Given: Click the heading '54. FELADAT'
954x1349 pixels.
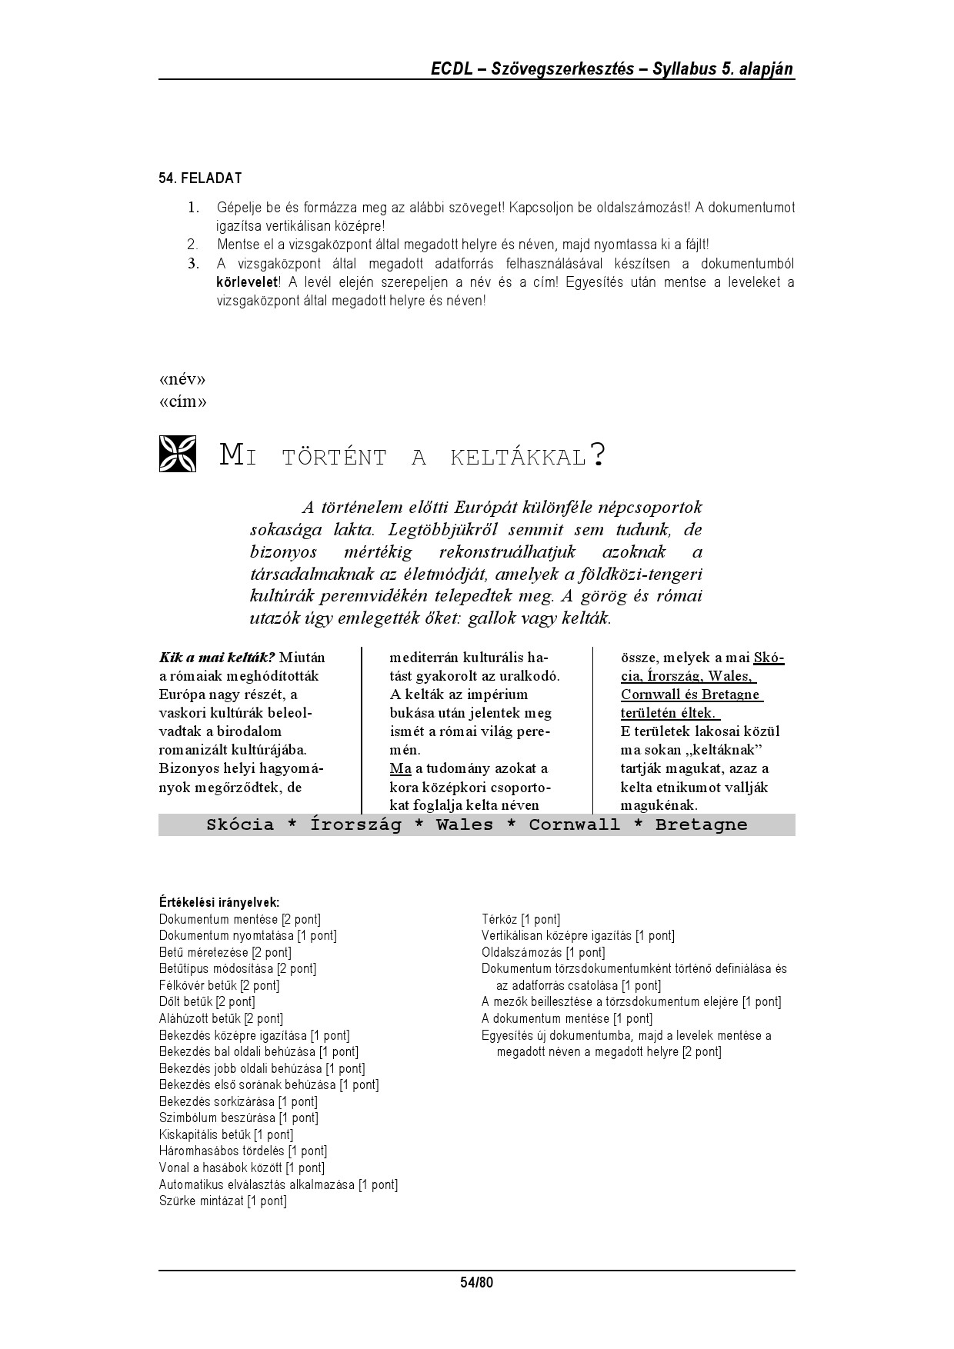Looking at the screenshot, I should click(200, 178).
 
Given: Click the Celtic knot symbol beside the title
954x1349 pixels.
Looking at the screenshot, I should click(178, 454).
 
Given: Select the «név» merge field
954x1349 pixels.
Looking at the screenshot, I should click(182, 380).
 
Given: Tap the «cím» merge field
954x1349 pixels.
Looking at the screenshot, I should click(182, 401).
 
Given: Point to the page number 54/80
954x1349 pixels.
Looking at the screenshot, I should click(476, 1282).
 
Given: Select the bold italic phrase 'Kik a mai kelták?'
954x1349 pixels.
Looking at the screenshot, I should click(217, 658).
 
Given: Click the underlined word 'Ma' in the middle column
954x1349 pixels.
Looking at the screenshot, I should click(401, 768).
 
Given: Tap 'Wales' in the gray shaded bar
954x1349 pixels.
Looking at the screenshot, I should click(465, 824).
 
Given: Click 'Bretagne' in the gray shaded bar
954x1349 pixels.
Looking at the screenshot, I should click(701, 824).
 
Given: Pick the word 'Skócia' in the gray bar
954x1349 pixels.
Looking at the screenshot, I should click(240, 824).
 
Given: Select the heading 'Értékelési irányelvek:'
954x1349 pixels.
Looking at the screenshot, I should click(219, 902).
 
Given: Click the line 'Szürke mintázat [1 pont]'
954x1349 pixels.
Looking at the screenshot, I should click(222, 1201).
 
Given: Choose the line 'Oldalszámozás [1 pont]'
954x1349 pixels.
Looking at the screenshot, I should click(543, 952).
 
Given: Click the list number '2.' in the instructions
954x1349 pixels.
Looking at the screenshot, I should click(192, 245).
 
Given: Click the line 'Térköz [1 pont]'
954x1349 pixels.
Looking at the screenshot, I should click(521, 919).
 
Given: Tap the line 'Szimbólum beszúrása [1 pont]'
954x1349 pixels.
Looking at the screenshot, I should click(239, 1118).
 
